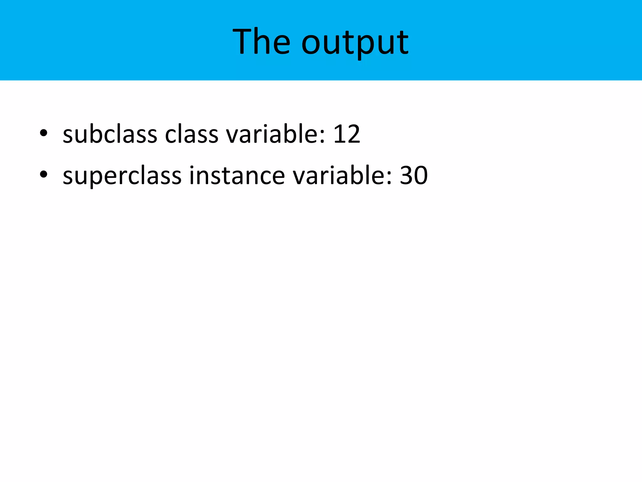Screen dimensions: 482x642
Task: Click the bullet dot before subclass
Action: [x=44, y=133]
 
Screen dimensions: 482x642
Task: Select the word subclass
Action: [x=109, y=134]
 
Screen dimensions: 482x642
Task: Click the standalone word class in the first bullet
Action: [x=192, y=134]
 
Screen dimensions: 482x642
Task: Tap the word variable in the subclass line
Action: [x=276, y=134]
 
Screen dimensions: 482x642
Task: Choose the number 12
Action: [x=347, y=134]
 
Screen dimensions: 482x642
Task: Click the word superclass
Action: [x=122, y=176]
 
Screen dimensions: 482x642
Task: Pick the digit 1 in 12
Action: [x=339, y=134]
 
